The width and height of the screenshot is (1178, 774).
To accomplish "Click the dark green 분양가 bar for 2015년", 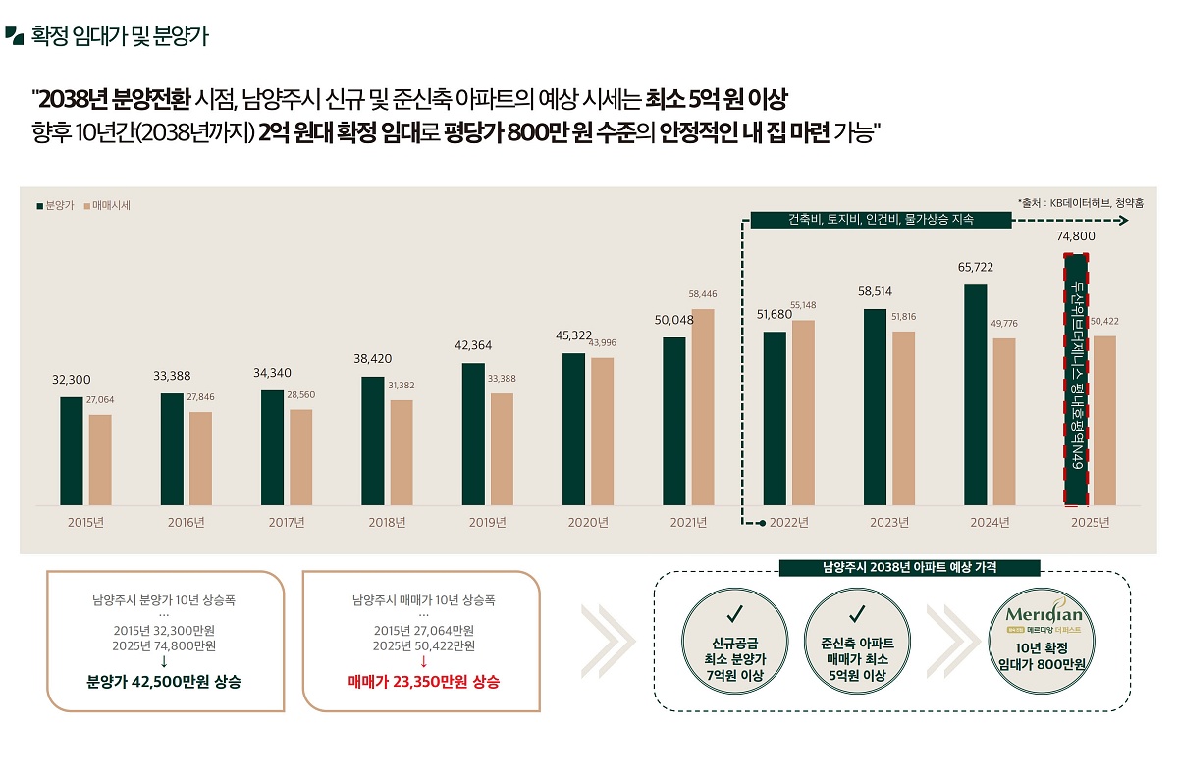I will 72,450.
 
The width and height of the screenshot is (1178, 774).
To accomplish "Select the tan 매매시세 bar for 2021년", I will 703,407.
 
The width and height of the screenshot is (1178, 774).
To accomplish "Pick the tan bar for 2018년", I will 402,452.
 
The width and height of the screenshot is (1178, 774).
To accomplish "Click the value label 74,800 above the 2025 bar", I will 1076,236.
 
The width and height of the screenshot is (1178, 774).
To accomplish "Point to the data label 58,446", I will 703,293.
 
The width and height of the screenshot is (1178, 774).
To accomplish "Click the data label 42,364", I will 473,345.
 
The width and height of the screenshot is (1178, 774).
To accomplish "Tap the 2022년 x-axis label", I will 788,522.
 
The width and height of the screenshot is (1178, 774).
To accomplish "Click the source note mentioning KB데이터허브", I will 1080,203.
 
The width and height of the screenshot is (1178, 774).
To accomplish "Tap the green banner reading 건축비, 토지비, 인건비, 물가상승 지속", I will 881,220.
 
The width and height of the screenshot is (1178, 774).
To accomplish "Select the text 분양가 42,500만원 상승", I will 165,681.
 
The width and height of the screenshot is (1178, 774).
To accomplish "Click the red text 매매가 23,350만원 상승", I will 423,681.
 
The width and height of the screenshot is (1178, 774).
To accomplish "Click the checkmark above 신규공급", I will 732,615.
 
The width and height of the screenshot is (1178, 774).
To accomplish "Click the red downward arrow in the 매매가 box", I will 423,661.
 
